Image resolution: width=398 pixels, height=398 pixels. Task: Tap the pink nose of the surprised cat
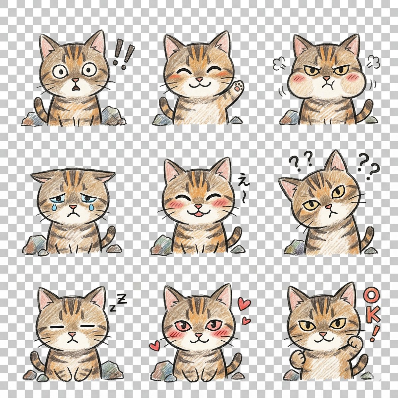[76, 81]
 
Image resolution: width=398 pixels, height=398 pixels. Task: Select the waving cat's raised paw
[238, 87]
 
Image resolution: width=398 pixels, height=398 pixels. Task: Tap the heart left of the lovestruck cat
[154, 346]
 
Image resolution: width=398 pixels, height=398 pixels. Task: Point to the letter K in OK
[373, 315]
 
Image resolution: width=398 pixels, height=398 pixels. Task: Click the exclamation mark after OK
[375, 333]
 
